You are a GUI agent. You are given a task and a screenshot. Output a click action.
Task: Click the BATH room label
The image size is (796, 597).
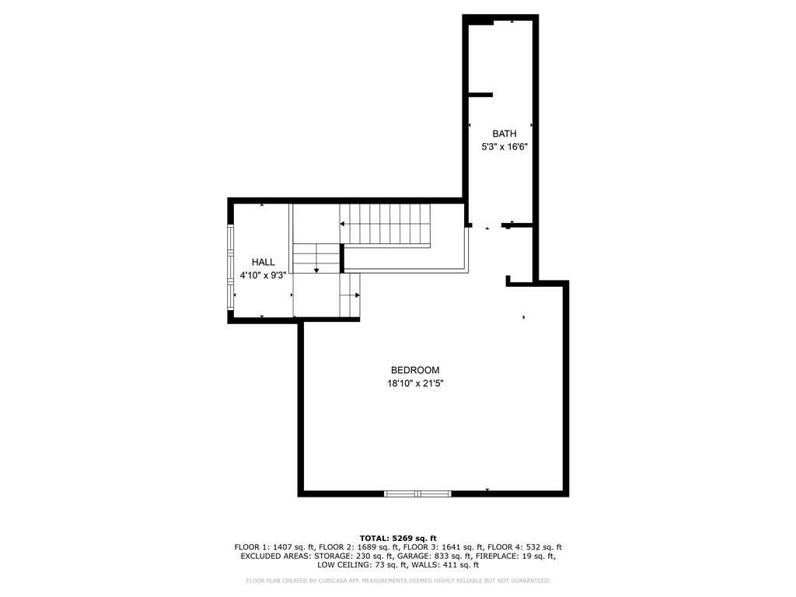point(504,134)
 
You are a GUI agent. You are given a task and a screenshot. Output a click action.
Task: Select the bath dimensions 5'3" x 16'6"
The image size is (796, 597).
point(504,147)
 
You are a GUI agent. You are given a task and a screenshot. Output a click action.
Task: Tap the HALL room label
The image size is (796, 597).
point(263,262)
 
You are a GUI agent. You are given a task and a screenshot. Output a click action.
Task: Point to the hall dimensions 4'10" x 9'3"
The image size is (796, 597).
point(263,276)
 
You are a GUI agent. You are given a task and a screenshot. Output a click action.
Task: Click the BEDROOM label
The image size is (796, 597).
point(415,370)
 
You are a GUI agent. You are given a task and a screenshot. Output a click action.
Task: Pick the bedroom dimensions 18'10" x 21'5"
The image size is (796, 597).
point(415,384)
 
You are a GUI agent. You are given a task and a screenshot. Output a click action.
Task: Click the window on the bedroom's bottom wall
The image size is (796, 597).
point(417,494)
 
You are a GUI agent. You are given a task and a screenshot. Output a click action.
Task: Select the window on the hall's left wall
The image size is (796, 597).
point(230,267)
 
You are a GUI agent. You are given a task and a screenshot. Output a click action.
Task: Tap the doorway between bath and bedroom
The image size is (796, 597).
point(487,225)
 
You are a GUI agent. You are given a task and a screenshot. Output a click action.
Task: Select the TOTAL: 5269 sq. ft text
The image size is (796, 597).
point(398,538)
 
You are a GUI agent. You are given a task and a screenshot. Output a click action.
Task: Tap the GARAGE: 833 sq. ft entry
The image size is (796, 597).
point(435,556)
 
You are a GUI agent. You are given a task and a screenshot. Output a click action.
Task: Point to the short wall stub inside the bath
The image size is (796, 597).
point(480,95)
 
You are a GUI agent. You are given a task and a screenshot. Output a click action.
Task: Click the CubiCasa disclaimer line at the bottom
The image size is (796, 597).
point(398,580)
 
